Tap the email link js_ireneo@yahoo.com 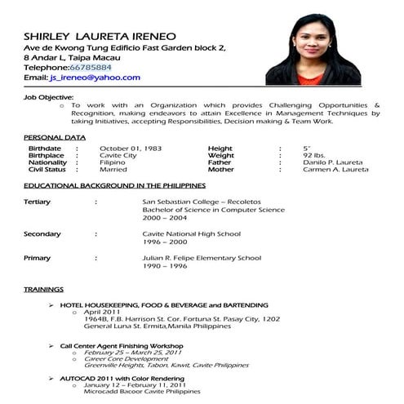94,78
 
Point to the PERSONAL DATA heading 55,136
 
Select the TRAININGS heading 43,290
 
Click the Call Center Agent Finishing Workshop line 122,345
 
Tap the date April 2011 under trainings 103,312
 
